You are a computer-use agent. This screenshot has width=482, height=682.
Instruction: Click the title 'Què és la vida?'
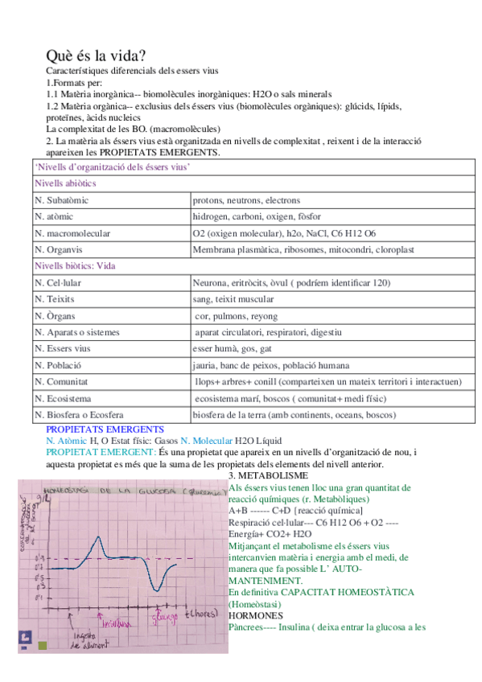pos(96,56)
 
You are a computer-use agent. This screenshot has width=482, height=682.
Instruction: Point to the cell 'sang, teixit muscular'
pos(234,299)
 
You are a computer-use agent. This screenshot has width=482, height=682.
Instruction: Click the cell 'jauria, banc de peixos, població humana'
pos(271,365)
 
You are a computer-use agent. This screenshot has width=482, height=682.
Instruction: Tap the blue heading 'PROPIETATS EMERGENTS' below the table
pos(105,430)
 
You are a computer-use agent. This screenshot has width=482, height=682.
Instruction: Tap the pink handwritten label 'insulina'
pos(115,621)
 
